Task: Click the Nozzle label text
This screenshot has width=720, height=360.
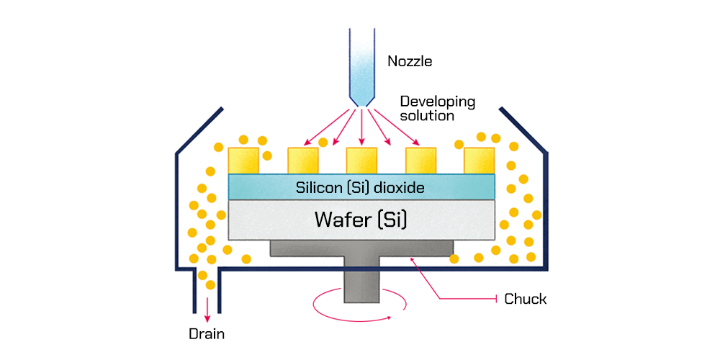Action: coord(410,61)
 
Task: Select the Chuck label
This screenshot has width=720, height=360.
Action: coord(525,299)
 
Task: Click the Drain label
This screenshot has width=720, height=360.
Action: coord(207,334)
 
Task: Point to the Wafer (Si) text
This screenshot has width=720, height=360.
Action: coord(361,219)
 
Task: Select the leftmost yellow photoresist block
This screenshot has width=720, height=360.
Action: coord(243,161)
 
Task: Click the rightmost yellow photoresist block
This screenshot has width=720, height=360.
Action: coord(480,161)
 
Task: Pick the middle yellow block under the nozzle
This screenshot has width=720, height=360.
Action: coord(361,161)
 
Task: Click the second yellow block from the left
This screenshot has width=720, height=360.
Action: coord(302,161)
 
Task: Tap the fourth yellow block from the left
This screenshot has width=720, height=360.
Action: coord(420,161)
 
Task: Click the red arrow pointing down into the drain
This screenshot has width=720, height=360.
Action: coord(208,308)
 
